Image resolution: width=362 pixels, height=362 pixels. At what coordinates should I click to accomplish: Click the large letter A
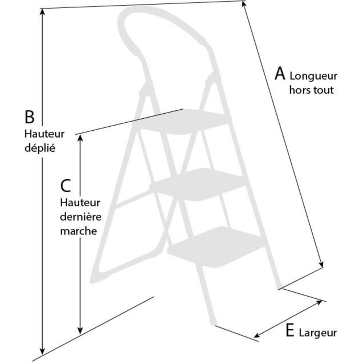click(280, 73)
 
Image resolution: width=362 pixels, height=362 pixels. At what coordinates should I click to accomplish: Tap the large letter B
click(30, 117)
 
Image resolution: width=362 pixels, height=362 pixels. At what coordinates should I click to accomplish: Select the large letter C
click(65, 186)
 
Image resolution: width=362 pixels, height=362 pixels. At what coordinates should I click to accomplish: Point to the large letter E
click(290, 331)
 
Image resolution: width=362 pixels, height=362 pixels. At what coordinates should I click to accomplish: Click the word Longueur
click(313, 76)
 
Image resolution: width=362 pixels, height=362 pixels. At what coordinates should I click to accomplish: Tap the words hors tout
click(311, 90)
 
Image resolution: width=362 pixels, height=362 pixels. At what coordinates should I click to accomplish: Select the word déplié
click(40, 148)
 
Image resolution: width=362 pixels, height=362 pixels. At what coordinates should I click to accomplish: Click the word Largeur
click(318, 333)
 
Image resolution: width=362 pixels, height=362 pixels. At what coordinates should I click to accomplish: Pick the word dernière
click(81, 216)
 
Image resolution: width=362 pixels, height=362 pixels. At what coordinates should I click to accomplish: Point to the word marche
click(79, 231)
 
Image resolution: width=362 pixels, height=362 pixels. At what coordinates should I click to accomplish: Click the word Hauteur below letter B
click(44, 134)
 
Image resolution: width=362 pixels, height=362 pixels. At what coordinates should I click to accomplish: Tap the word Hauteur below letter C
click(80, 203)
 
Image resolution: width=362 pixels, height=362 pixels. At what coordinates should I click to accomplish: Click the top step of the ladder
click(182, 122)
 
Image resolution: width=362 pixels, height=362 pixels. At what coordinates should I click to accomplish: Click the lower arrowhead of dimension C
click(80, 331)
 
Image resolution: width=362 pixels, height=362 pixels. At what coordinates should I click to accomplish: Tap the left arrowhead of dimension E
click(257, 335)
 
